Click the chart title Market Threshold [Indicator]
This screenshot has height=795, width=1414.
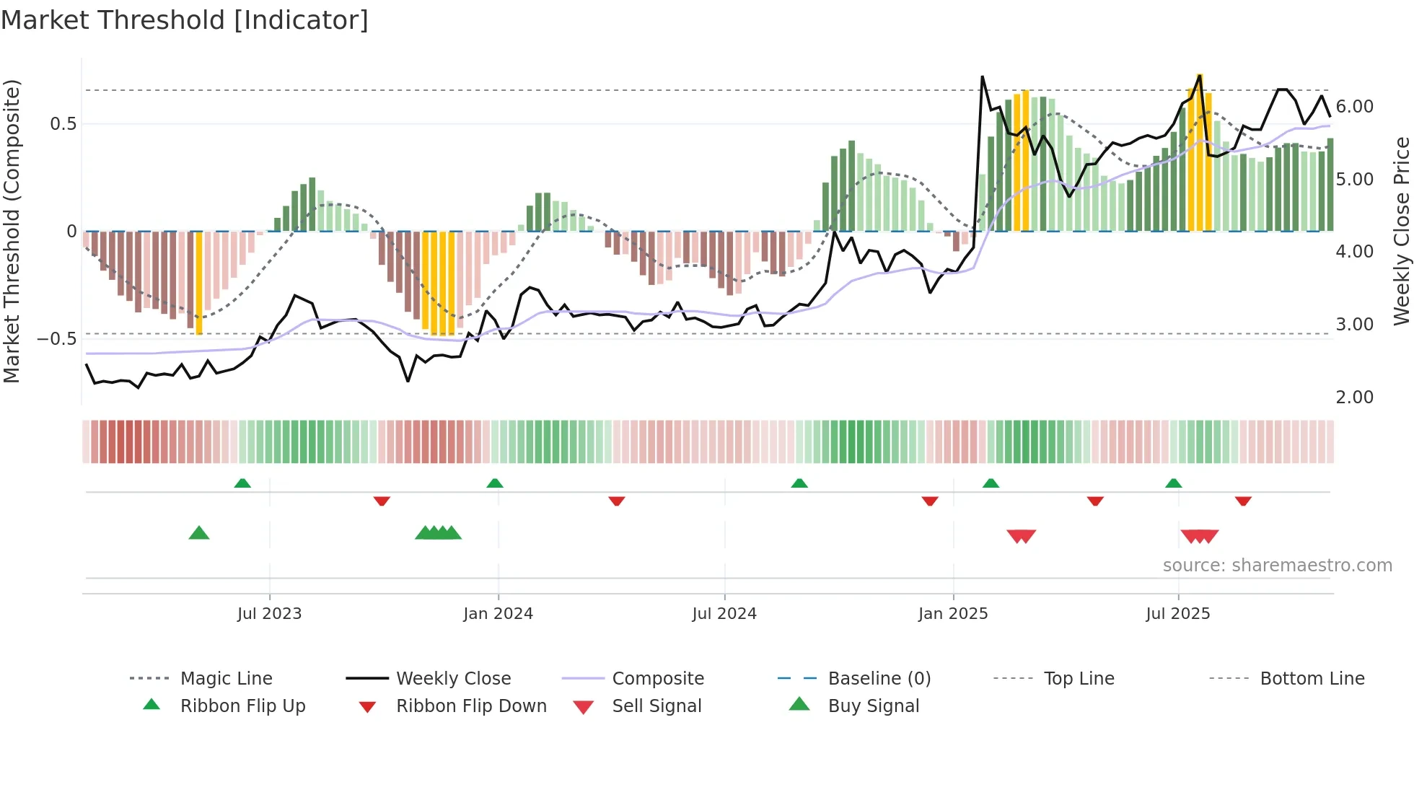click(x=185, y=20)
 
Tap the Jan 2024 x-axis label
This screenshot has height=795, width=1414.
click(x=498, y=614)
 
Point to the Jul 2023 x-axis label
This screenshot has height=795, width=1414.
click(x=269, y=614)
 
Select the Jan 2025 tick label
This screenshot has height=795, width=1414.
click(x=952, y=614)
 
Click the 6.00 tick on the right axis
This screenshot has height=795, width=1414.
click(x=1354, y=107)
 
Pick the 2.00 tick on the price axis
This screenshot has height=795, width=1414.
click(x=1354, y=397)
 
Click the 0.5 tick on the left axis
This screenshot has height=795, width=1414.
click(x=63, y=124)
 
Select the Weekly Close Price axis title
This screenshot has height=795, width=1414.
click(x=1401, y=231)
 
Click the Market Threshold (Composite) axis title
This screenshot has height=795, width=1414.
click(x=12, y=231)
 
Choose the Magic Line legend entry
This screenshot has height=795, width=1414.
click(x=226, y=679)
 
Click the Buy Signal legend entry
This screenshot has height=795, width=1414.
click(x=873, y=706)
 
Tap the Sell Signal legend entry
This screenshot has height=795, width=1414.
click(x=656, y=706)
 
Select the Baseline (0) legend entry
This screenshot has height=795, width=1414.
click(x=879, y=679)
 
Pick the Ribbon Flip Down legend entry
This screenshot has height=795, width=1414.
click(x=471, y=706)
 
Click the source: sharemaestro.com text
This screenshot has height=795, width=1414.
click(x=1277, y=566)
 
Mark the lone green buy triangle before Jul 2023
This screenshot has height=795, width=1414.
click(x=199, y=533)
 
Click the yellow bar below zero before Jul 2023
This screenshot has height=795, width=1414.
click(x=199, y=283)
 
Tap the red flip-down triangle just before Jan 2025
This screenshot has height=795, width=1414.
click(x=930, y=501)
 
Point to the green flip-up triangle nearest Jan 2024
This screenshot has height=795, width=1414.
click(x=495, y=483)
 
